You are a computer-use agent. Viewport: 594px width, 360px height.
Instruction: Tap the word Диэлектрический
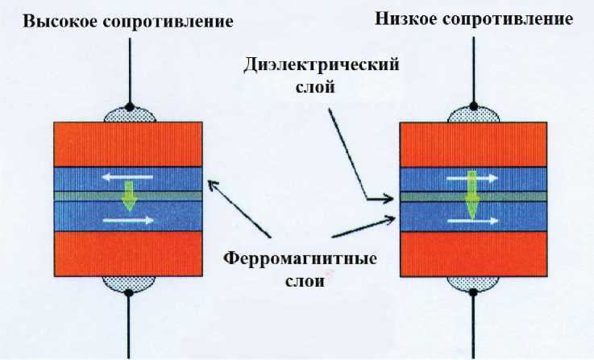322,66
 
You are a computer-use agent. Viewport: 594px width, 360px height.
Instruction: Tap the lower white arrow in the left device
129,218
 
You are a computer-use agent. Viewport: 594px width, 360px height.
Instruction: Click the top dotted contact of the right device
472,114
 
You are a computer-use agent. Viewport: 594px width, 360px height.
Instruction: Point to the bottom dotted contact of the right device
472,283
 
